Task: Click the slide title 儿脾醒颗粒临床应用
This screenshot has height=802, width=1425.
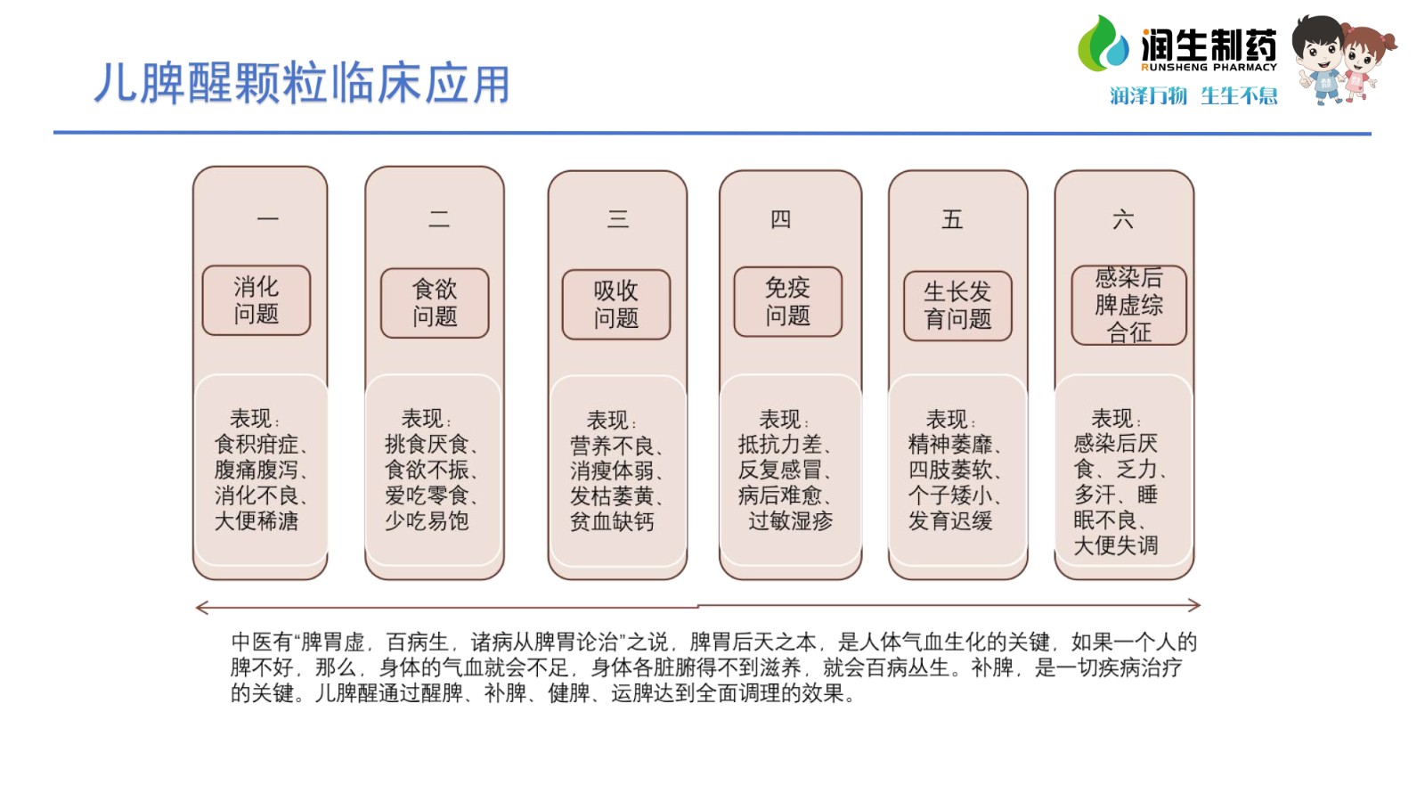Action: (x=303, y=83)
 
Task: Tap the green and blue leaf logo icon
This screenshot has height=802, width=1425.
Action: (x=1103, y=44)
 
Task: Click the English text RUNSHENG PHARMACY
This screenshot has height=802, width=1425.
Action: (x=1209, y=67)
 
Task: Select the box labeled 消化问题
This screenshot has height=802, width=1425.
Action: (x=256, y=300)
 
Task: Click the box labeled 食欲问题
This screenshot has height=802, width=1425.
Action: (x=435, y=303)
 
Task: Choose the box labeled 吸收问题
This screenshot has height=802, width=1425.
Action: (x=615, y=304)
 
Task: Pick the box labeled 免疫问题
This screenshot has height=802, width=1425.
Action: (x=787, y=302)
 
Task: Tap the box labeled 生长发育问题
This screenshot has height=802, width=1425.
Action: (x=957, y=306)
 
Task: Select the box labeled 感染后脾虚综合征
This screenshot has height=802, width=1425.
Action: (x=1128, y=306)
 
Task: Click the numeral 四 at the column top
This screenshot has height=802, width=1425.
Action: (x=780, y=219)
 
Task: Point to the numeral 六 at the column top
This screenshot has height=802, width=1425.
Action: (x=1123, y=220)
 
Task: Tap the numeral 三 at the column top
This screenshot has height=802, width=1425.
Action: (x=618, y=219)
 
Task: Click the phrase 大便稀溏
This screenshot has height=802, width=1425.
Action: (x=256, y=520)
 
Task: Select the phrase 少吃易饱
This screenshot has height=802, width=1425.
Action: (x=427, y=520)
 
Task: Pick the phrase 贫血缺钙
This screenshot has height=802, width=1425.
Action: (x=611, y=521)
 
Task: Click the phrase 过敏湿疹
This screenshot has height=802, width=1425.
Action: (x=791, y=520)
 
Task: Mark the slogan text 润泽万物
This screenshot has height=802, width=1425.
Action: (x=1148, y=95)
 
